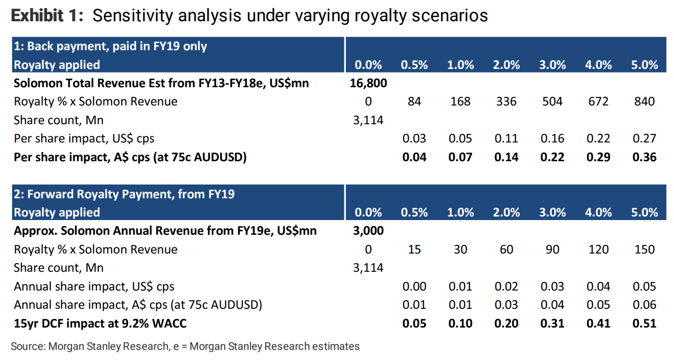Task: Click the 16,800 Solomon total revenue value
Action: (368, 83)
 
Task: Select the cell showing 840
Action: (644, 101)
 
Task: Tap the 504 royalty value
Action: (552, 101)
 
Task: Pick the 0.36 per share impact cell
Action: (644, 157)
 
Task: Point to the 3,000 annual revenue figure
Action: (368, 231)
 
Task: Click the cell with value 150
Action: (644, 249)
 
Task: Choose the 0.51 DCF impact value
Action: (644, 323)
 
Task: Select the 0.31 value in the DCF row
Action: (552, 323)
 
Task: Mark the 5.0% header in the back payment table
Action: (644, 65)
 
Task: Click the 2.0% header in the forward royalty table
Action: (506, 212)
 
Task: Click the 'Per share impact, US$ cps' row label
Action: (84, 138)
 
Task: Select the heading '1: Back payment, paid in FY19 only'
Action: (111, 47)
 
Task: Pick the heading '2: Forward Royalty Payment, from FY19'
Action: (124, 194)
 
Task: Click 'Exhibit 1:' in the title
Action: (47, 16)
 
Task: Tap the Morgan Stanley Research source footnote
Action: (185, 347)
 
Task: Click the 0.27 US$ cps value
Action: (644, 138)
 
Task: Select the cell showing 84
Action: (414, 101)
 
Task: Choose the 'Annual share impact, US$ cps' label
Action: (94, 286)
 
